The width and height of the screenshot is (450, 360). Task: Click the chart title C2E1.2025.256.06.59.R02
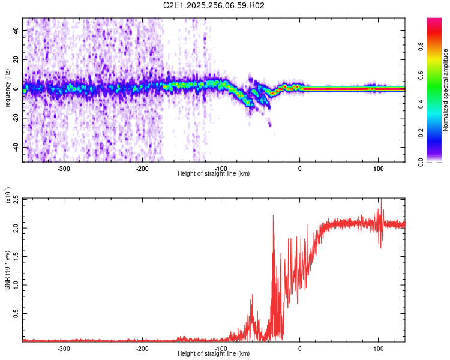[214, 5]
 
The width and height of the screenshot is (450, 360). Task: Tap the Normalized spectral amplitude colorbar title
[446, 90]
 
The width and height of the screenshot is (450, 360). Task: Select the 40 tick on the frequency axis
[16, 29]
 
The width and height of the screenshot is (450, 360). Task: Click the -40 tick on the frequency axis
[14, 147]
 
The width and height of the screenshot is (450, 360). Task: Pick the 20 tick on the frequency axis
[16, 59]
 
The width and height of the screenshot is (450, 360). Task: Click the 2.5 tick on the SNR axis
[14, 199]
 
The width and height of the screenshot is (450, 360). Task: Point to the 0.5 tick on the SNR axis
[14, 313]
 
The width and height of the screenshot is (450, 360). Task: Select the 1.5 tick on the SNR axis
[14, 256]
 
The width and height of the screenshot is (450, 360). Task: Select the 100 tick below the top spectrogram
[379, 169]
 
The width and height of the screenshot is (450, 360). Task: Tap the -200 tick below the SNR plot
[143, 349]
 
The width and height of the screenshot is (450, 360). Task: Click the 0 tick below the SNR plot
[300, 349]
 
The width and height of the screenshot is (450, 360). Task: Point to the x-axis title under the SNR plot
[214, 355]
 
